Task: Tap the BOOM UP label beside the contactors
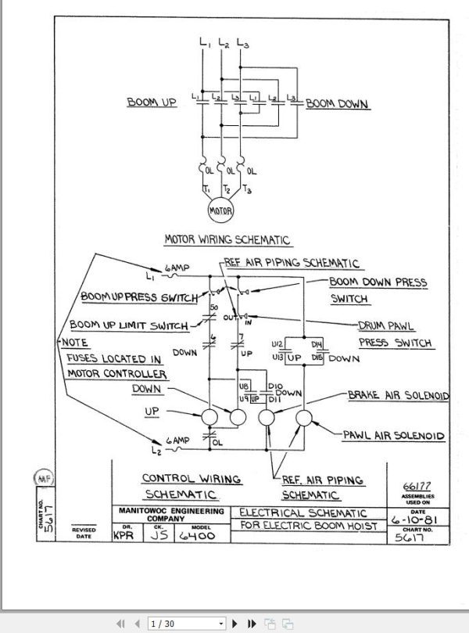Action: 152,103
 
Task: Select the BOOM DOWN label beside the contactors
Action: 337,103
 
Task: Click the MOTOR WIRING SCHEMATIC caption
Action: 227,240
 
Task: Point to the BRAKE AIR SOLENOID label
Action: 398,397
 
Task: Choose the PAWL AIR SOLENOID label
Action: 394,435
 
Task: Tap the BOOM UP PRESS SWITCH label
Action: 140,297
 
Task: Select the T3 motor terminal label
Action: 249,190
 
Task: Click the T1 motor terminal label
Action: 206,189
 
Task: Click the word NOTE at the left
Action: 75,343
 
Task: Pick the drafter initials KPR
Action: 123,537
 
